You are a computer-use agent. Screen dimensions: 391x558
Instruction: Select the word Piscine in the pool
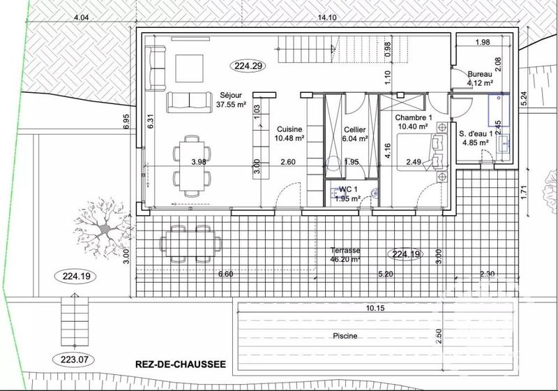pyautogui.click(x=345, y=336)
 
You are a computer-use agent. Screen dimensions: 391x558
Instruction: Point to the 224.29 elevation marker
pyautogui.click(x=248, y=67)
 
